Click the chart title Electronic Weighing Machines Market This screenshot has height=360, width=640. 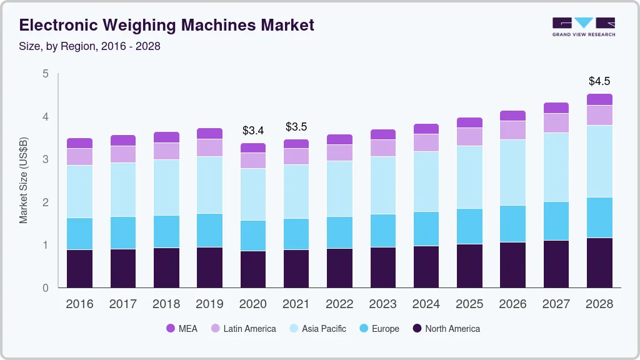coord(166,25)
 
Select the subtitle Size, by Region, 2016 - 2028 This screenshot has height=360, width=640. coord(90,46)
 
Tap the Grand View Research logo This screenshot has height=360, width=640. coord(583,27)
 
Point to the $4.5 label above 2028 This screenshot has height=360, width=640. coord(599,81)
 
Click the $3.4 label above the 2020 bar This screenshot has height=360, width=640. coord(252,131)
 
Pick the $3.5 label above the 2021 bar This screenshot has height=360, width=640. coord(296,127)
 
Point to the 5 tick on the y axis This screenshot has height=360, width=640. coord(45,74)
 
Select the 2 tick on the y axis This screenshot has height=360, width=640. coord(45,202)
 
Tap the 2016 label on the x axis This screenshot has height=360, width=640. coord(79,304)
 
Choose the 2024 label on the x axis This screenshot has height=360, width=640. coord(426,304)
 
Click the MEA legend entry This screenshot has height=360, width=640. coord(181,329)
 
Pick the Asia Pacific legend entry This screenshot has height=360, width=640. coord(317,329)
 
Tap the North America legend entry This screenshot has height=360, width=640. coord(446,329)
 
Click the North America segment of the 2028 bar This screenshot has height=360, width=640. coord(599,262)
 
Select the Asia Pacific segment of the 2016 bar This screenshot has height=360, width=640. coord(79,191)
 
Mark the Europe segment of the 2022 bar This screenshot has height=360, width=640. coord(339,232)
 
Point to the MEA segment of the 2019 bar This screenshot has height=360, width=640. coord(209,133)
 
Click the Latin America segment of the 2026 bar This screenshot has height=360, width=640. coord(512,130)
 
